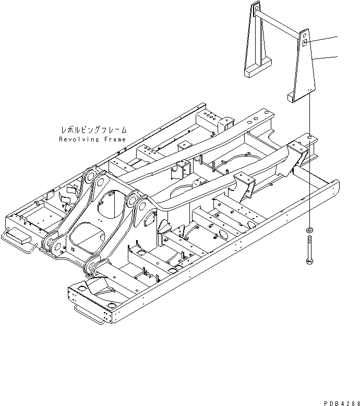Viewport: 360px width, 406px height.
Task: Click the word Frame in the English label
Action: [x=115, y=140]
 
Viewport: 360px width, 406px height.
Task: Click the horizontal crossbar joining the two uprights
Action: [x=282, y=21]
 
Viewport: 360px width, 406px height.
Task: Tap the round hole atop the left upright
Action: [x=256, y=7]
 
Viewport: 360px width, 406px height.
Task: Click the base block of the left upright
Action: [x=258, y=68]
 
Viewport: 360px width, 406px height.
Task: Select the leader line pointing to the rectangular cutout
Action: [x=323, y=40]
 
